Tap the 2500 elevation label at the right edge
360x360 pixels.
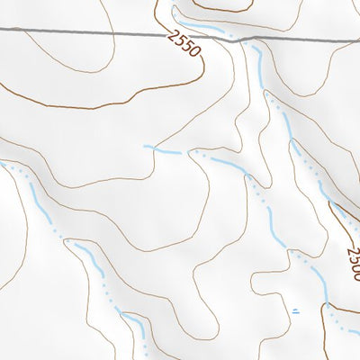point(352,263)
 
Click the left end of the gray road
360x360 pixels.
point(2,31)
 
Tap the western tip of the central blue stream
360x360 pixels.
point(145,146)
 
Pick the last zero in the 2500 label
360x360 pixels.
point(355,276)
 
